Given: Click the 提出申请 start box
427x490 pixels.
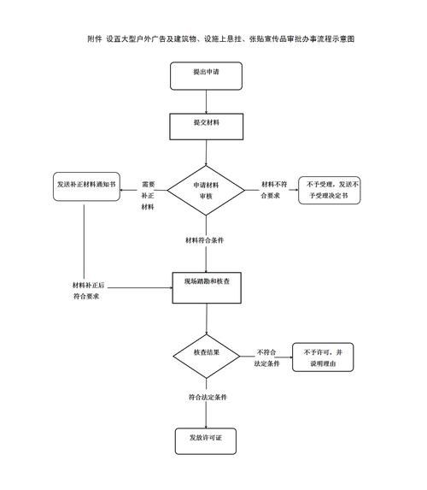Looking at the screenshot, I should tap(205, 74).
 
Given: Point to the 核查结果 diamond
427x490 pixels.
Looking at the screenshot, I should tap(207, 353).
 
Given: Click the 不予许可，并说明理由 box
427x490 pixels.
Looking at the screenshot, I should tap(325, 358).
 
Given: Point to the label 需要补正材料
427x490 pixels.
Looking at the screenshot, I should tap(149, 195).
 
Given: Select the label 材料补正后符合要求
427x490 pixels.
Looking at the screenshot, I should tap(87, 290).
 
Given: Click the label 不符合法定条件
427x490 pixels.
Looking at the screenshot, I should tap(268, 358).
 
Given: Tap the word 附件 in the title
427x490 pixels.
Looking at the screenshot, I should tap(96, 39).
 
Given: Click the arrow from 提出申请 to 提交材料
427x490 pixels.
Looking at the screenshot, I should tap(205, 101).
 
